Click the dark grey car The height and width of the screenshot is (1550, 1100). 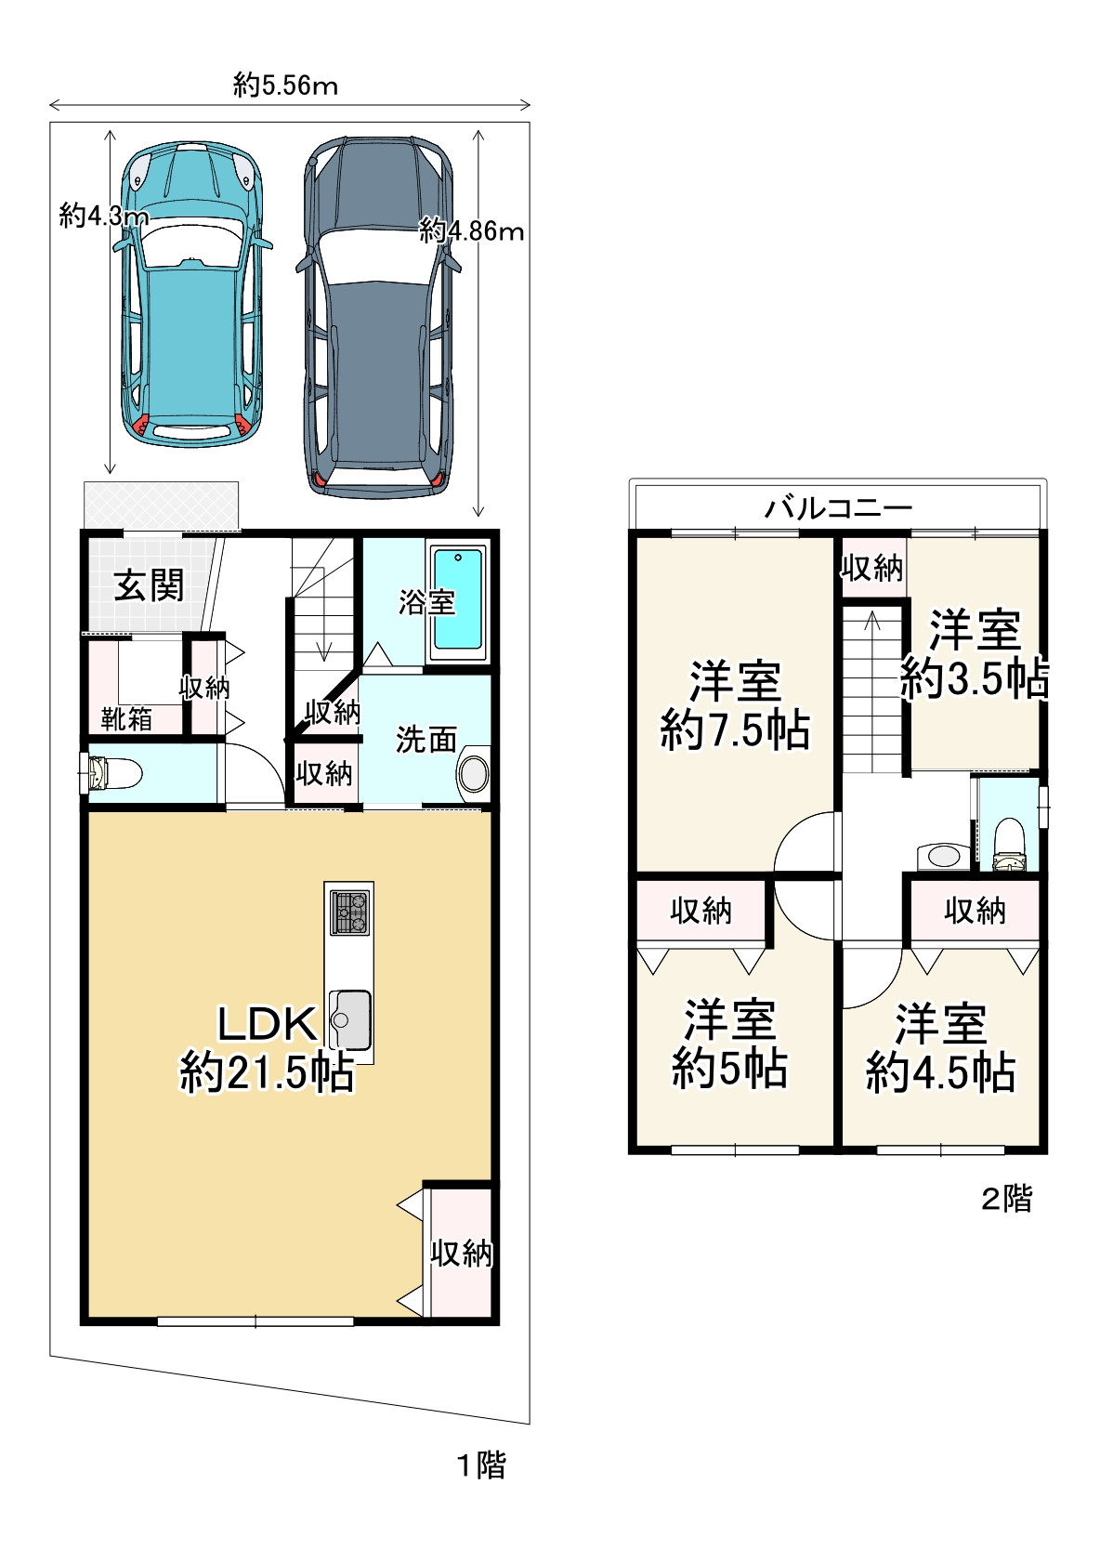[379, 317]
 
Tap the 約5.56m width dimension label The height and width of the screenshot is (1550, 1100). [286, 85]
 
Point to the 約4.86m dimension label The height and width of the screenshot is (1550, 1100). [471, 230]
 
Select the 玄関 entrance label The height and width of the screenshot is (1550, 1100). [149, 585]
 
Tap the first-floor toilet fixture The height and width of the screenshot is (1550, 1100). [112, 774]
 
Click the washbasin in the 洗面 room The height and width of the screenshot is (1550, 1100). [474, 774]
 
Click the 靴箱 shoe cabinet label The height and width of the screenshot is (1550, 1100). [126, 719]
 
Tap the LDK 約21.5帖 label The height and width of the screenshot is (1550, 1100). [267, 1050]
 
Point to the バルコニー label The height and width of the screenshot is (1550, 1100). [839, 508]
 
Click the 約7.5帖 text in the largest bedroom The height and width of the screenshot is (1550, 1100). [735, 730]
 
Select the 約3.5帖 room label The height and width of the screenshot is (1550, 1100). [974, 678]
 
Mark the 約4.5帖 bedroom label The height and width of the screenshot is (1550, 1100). [941, 1072]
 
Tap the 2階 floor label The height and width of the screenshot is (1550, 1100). [1006, 1199]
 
